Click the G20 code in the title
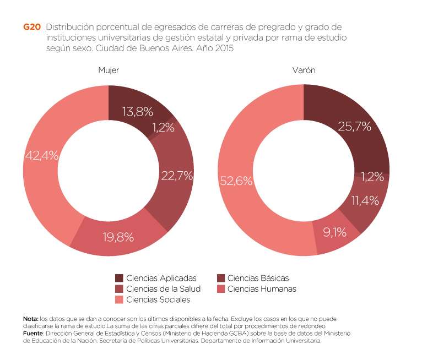coord(31,27)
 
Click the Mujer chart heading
coord(109,70)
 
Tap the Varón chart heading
coord(304,70)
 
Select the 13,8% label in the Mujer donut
coord(137,112)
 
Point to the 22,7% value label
coord(177,176)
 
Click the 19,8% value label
coord(118,237)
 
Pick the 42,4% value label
coord(42,156)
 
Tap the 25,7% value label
coord(354,127)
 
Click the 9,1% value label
coord(334,232)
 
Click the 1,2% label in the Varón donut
coord(372,177)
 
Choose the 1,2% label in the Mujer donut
coord(163,128)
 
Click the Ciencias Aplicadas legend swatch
coord(119,278)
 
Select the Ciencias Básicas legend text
coord(258,278)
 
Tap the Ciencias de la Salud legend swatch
coord(119,288)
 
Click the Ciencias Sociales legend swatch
coord(119,299)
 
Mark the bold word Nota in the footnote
coord(30,319)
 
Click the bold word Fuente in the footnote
coord(33,334)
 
